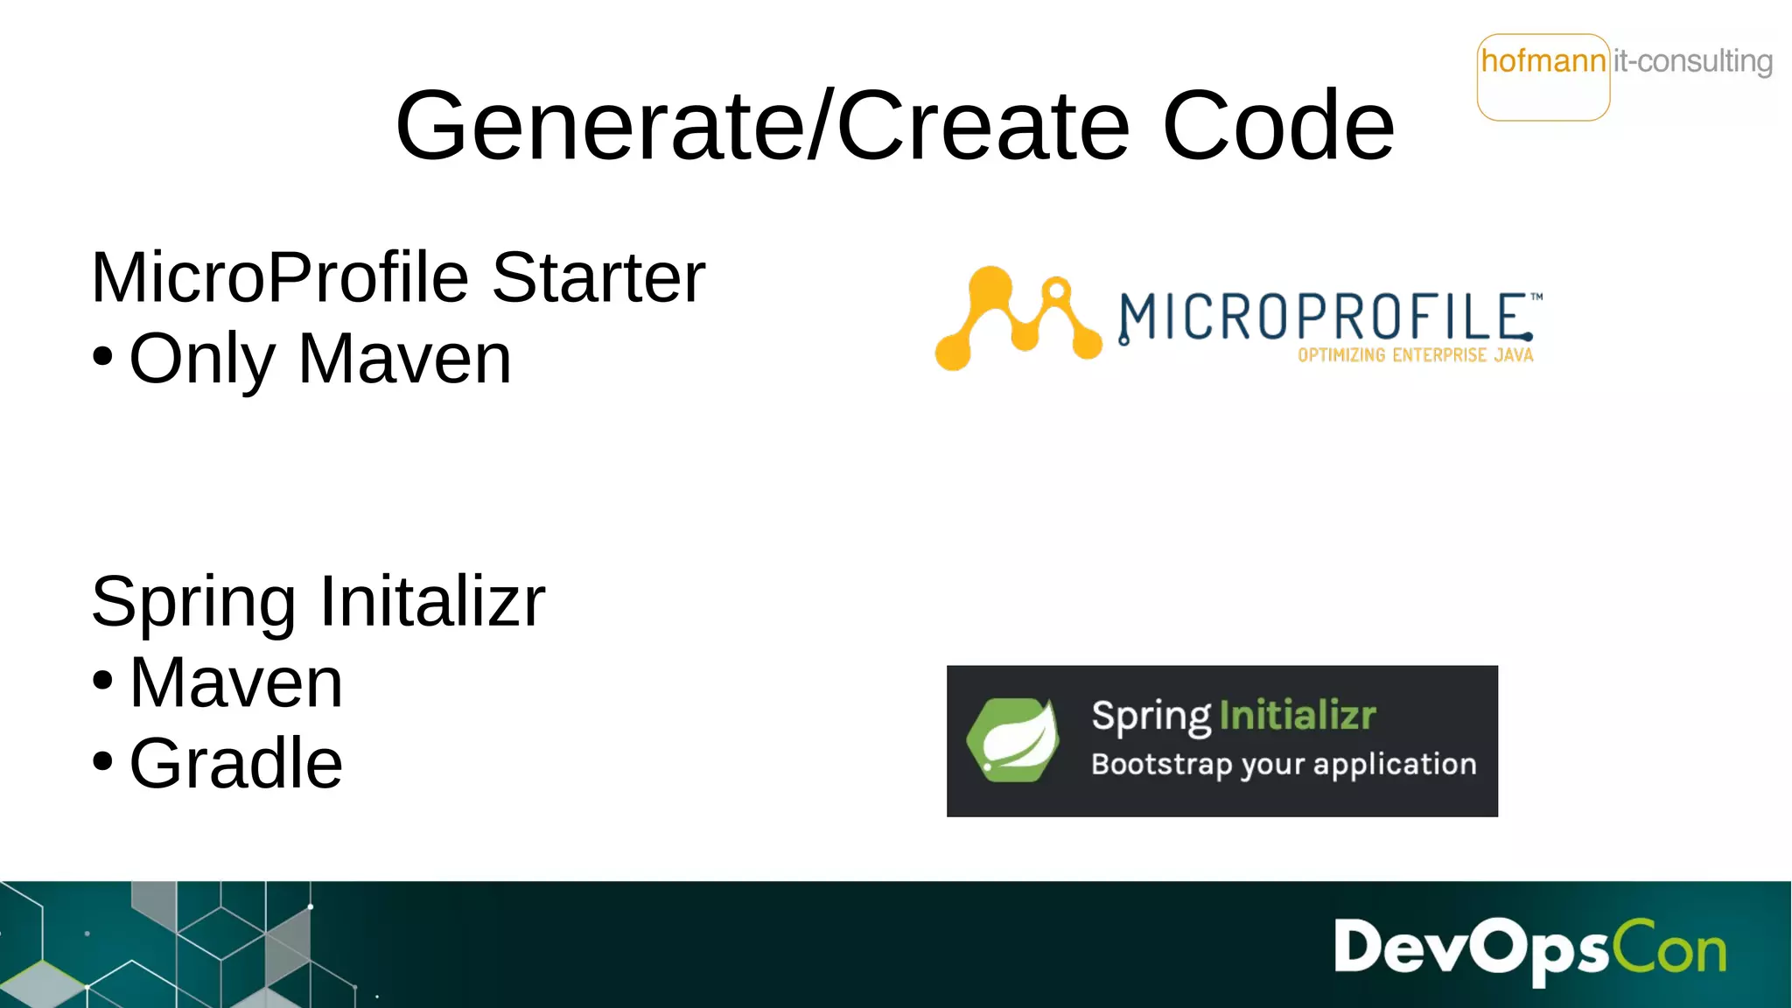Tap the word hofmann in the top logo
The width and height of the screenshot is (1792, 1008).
coord(1543,61)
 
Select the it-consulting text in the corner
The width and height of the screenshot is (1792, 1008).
coord(1692,61)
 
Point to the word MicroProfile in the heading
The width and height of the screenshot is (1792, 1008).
coord(280,278)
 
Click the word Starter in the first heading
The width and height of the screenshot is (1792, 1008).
coord(598,278)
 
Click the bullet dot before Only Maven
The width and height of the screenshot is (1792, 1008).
coord(102,357)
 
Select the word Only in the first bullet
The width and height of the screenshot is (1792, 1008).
coord(202,360)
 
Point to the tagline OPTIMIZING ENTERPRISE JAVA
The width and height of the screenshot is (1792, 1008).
coord(1415,355)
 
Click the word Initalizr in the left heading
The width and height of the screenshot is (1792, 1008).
coord(432,602)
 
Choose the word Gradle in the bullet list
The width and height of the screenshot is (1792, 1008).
coord(236,764)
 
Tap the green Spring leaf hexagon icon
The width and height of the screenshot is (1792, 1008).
coord(1013,740)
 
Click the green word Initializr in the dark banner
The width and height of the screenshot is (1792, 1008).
coord(1298,716)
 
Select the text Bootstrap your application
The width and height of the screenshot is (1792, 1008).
coord(1284,765)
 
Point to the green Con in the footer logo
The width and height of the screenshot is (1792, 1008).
coord(1669,948)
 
